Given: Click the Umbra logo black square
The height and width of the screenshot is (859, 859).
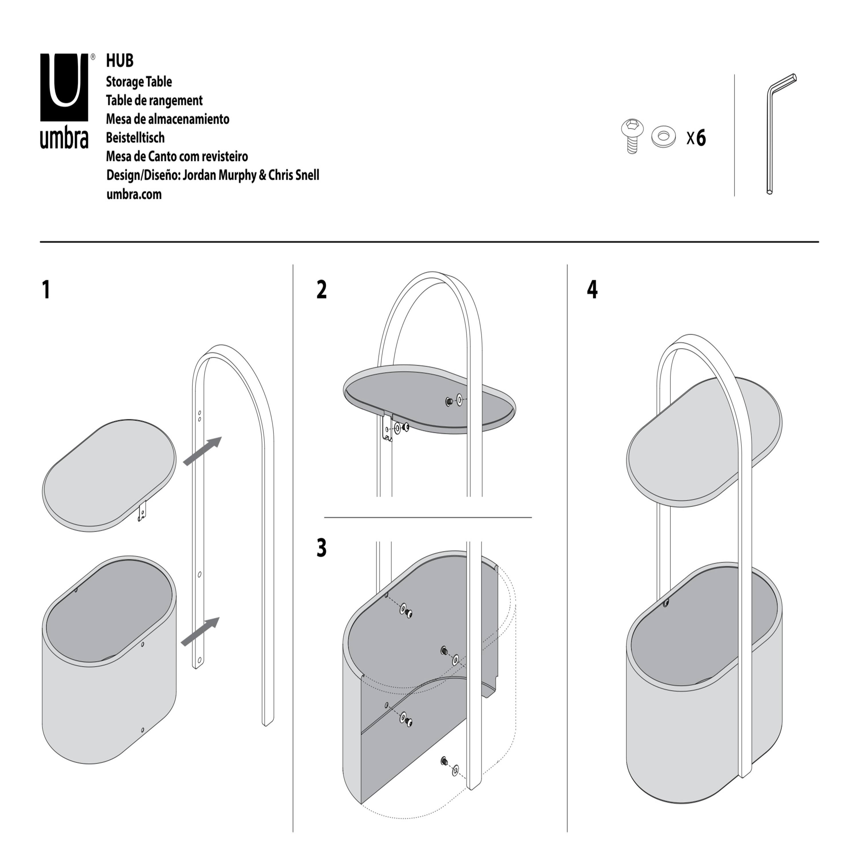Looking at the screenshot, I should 64,87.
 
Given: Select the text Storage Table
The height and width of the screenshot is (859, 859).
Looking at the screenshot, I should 139,82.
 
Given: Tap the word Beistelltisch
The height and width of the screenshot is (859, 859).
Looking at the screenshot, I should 135,138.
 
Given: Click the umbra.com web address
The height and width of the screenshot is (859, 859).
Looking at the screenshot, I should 134,194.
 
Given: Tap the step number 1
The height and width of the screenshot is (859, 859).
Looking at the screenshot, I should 46,290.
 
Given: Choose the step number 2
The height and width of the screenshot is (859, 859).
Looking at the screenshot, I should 322,290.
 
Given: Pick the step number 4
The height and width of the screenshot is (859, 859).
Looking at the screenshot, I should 592,290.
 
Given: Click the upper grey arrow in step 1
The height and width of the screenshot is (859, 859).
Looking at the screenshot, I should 202,451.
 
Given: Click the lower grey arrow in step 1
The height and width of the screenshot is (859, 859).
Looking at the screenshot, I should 200,631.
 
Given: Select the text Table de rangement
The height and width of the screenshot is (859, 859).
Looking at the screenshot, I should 154,101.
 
